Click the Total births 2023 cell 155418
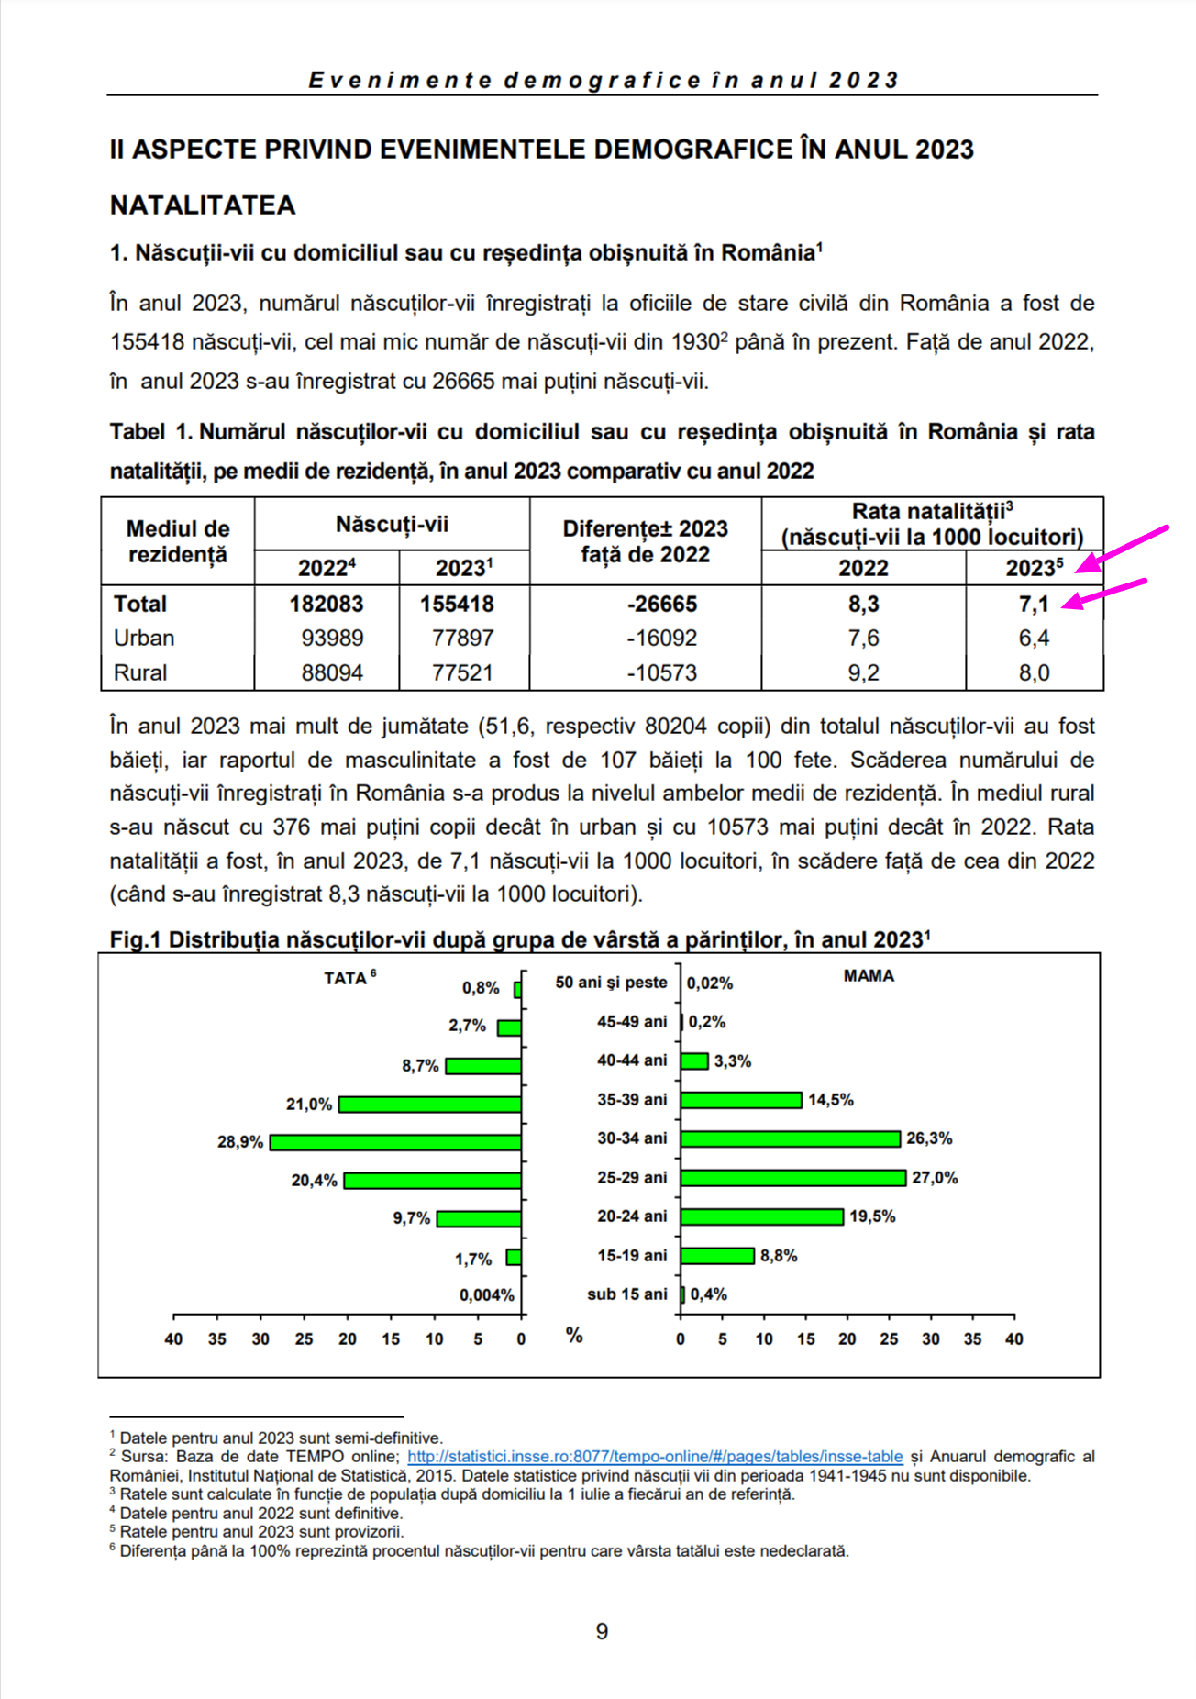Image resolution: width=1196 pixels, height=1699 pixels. point(457,605)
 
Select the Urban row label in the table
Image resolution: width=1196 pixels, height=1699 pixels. point(144,639)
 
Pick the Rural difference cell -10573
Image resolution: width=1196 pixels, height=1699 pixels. point(661,673)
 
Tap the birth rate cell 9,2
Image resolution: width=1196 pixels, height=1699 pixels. point(863,673)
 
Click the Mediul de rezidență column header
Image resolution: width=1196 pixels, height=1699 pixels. point(177,541)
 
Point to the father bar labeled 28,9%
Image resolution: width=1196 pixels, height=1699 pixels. point(395,1142)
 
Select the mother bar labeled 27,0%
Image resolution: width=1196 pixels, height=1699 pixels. point(792,1178)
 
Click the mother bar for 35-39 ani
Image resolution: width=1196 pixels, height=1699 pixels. point(741,1100)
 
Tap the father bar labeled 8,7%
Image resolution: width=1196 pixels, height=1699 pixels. point(483,1066)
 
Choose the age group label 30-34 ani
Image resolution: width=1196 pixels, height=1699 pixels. point(632,1138)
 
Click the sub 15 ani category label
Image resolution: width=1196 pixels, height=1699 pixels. point(627,1294)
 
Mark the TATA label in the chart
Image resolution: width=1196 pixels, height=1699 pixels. point(346,979)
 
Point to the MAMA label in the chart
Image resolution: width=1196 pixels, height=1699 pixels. point(869,976)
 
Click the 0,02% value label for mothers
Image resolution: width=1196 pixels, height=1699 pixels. point(710,983)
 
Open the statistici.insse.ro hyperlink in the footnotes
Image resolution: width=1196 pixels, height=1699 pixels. point(655,1457)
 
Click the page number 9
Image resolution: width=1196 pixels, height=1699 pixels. point(602,1631)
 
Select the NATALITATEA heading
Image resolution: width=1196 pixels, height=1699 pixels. point(203,205)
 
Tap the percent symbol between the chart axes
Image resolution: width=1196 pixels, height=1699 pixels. point(574,1335)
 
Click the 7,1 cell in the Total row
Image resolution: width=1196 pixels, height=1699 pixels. point(1034,605)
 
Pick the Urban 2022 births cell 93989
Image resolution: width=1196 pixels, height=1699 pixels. point(332,639)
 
